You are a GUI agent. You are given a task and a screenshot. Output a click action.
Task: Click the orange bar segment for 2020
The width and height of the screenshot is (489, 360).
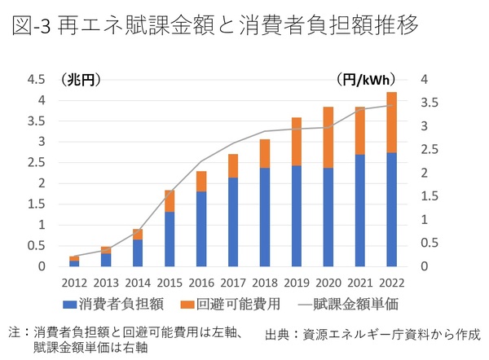click(x=328, y=137)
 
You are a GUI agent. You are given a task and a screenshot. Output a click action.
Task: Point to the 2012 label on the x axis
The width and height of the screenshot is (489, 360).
click(x=74, y=282)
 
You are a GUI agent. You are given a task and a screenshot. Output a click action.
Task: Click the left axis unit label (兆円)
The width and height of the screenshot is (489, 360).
click(x=80, y=80)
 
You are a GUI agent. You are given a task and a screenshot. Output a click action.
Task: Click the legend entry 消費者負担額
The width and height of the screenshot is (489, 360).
click(x=120, y=305)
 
